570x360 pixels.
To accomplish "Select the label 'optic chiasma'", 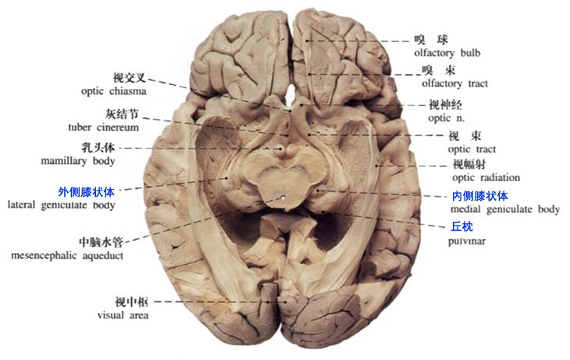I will [113, 91].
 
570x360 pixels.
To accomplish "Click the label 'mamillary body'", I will [82, 162].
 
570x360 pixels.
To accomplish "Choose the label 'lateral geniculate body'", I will [61, 205].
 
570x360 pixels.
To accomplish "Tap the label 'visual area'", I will [123, 315].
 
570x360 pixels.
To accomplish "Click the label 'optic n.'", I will [446, 118].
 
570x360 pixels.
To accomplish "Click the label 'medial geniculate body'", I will [505, 209].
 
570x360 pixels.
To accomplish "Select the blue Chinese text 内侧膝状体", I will [479, 196].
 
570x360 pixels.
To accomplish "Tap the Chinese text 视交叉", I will [130, 77].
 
